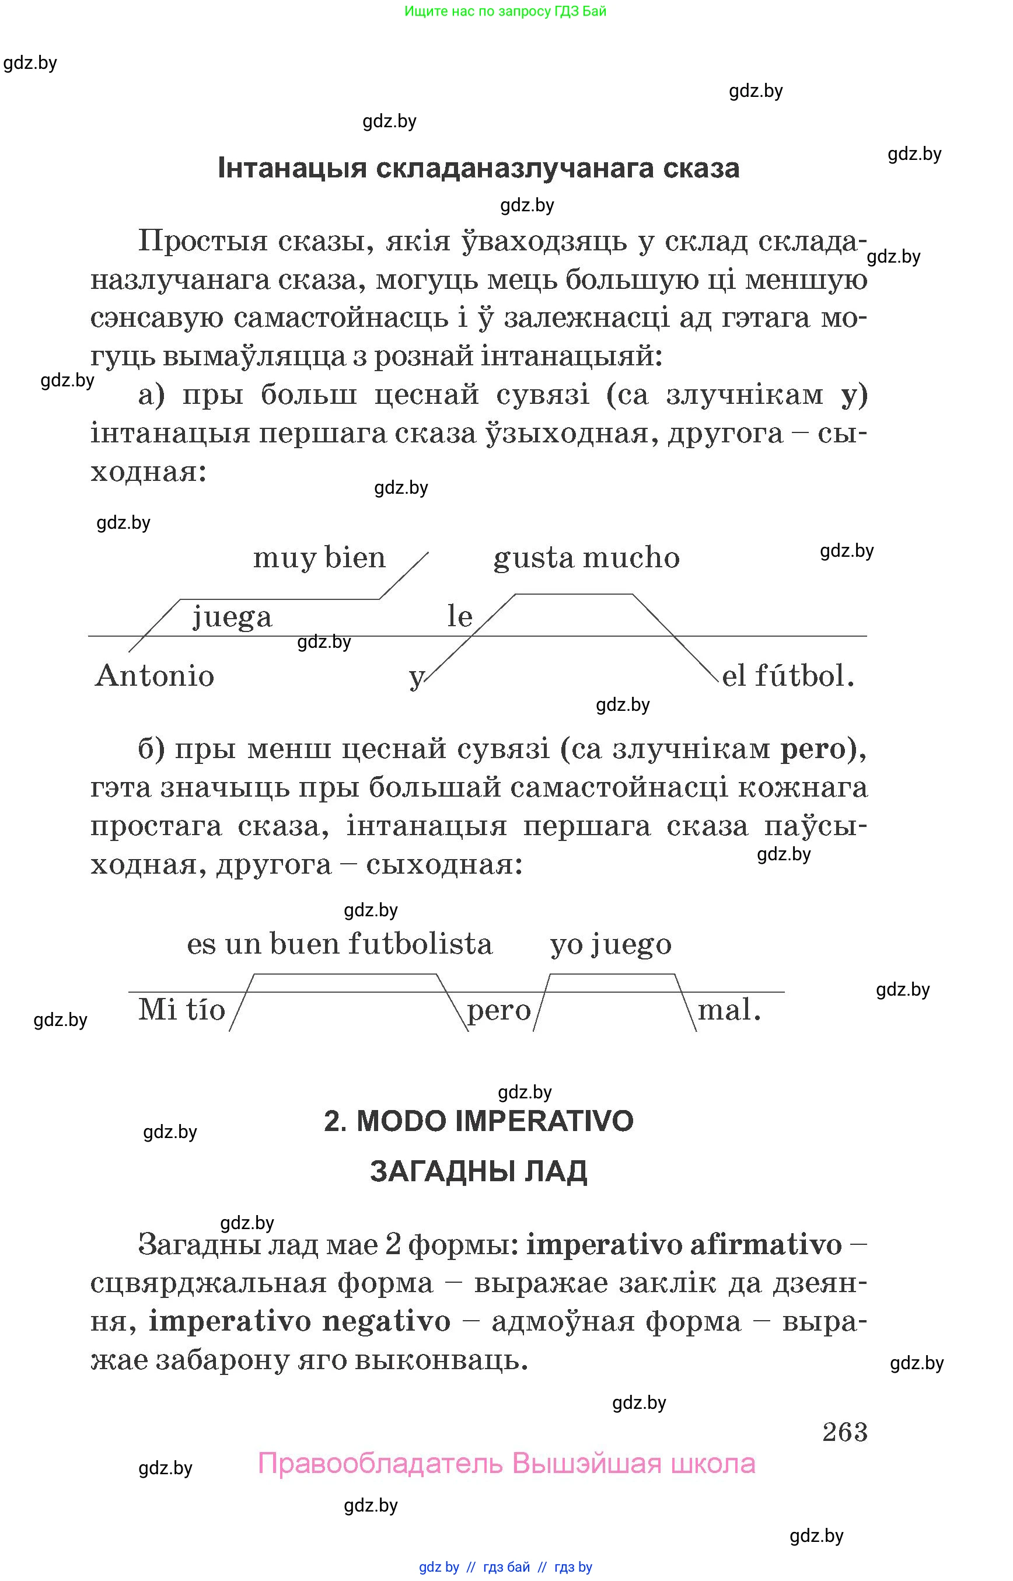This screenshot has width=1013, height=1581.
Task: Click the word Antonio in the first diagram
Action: [x=155, y=676]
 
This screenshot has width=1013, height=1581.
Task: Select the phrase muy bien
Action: [x=319, y=558]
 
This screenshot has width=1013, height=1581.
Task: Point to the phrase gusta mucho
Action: [x=586, y=558]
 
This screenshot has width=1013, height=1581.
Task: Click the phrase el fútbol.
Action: [x=787, y=676]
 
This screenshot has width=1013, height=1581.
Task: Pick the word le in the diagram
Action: [x=460, y=617]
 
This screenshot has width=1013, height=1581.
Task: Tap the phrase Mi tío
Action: [x=181, y=1010]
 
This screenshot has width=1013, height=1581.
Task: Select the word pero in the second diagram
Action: [x=498, y=1011]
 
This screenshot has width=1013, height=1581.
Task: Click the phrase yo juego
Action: [x=610, y=945]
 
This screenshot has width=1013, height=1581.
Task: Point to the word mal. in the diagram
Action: [x=729, y=1010]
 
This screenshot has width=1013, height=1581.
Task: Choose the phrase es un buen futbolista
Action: [x=340, y=944]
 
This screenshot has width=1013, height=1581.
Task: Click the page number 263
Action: [x=844, y=1432]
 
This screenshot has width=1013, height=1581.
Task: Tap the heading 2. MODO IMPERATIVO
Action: [x=478, y=1121]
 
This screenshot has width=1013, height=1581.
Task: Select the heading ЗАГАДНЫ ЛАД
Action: [x=478, y=1172]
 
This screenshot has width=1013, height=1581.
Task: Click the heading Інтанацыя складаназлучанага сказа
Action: [x=478, y=169]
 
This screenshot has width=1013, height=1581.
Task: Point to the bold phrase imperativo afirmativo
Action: [x=684, y=1245]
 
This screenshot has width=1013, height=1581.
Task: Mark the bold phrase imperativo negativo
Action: [x=300, y=1322]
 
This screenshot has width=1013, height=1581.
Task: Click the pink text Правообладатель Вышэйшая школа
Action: [x=506, y=1464]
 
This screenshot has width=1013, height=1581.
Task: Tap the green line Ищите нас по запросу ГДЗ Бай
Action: [x=505, y=11]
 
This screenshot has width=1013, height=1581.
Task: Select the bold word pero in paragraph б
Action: [x=813, y=749]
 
